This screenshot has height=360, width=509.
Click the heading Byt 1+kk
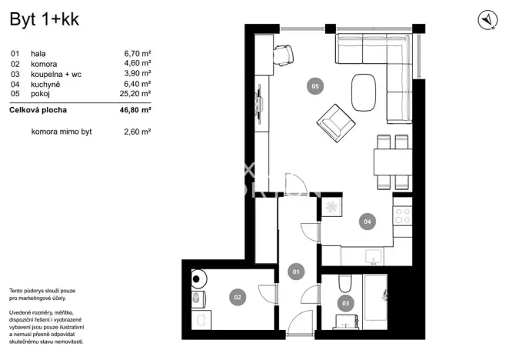(44, 20)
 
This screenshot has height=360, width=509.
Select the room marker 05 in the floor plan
(314, 87)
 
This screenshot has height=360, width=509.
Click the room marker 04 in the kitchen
(367, 222)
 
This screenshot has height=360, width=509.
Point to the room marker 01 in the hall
(294, 271)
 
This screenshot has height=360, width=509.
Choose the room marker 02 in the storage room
(238, 295)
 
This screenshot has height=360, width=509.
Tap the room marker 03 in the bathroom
(345, 303)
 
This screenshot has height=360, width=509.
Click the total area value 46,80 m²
(135, 111)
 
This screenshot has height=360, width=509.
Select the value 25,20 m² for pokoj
(137, 93)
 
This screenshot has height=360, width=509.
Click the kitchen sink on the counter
(373, 256)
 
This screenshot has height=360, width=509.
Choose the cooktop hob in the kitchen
(401, 215)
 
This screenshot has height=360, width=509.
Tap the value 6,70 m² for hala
(137, 55)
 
